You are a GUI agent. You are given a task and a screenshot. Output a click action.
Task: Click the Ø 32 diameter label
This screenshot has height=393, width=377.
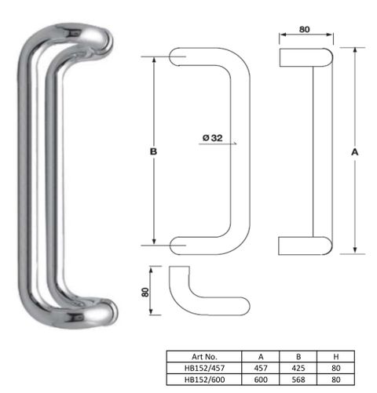coord(213,138)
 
